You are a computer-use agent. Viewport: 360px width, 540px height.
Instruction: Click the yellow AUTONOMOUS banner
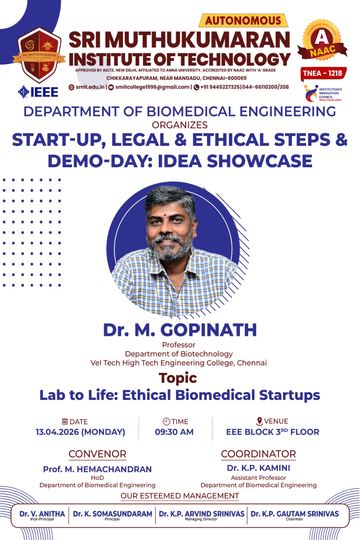coord(243,21)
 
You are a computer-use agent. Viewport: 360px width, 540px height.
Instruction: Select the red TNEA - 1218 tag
coord(323,73)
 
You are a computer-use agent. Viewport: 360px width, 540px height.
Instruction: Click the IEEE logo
coord(38,92)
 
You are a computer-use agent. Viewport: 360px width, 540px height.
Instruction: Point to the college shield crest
coord(39,55)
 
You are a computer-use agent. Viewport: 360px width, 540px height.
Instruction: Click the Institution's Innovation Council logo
coord(323,93)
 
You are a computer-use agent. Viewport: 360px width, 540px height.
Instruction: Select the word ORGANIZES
coord(180,125)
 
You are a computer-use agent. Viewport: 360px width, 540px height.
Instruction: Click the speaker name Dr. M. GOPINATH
coord(180,330)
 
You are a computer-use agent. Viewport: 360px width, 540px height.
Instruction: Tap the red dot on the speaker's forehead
coord(165,214)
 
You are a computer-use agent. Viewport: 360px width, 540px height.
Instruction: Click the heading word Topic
coord(178,378)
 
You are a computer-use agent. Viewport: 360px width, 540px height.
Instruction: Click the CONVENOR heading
coord(98,454)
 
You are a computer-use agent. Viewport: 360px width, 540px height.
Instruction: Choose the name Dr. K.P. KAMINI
coord(258,468)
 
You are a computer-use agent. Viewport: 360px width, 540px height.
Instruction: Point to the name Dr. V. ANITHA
coord(42,514)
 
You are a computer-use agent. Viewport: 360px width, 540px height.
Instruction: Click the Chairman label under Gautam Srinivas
coord(294,519)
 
